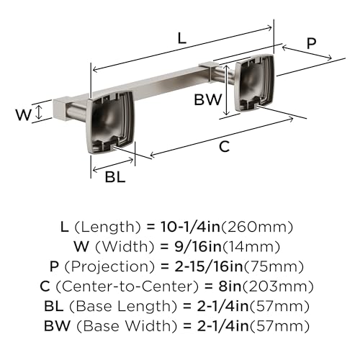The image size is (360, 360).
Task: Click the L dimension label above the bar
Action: tap(182, 38)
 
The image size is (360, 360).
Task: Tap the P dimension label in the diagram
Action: tap(311, 43)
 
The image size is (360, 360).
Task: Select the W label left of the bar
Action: tap(23, 114)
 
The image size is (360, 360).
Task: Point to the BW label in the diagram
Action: tap(208, 99)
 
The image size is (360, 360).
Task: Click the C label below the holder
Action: tap(225, 146)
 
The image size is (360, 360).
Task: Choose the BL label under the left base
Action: tap(115, 177)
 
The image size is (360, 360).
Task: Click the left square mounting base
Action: tap(110, 122)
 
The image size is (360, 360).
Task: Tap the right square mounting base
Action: tap(255, 83)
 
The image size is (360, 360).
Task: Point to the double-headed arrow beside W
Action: tap(39, 113)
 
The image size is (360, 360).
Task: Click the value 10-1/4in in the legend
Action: tap(190, 227)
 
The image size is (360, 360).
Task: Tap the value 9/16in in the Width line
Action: tap(198, 246)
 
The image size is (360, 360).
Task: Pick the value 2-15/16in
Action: tap(209, 266)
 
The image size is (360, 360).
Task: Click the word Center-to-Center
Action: tap(127, 286)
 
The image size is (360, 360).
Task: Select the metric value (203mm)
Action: tap(278, 287)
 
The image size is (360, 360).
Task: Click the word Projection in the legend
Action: tap(109, 266)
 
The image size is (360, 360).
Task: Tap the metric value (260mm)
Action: tap(257, 227)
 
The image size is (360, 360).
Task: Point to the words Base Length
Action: tap(123, 306)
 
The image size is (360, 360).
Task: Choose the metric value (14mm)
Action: tap(251, 247)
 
